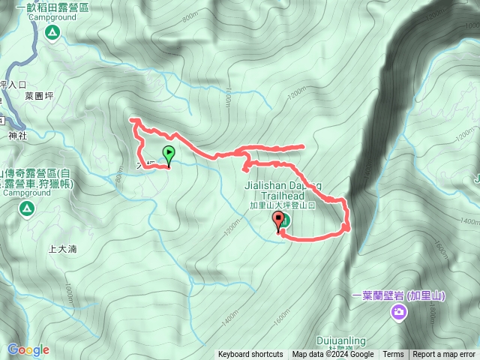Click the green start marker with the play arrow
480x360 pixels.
pos(169,155)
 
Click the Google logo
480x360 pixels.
pos(28,349)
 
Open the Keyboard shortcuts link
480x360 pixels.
pos(250,355)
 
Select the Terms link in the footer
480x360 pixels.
pos(393,355)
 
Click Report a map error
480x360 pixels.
pos(444,355)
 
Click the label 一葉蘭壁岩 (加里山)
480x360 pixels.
pos(398,295)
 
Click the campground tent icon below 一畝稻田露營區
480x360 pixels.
pos(52,32)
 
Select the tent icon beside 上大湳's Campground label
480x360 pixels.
pos(26,207)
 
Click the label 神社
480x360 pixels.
pos(17,136)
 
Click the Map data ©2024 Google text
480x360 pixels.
pos(333,355)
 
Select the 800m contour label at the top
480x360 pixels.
pos(190,35)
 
